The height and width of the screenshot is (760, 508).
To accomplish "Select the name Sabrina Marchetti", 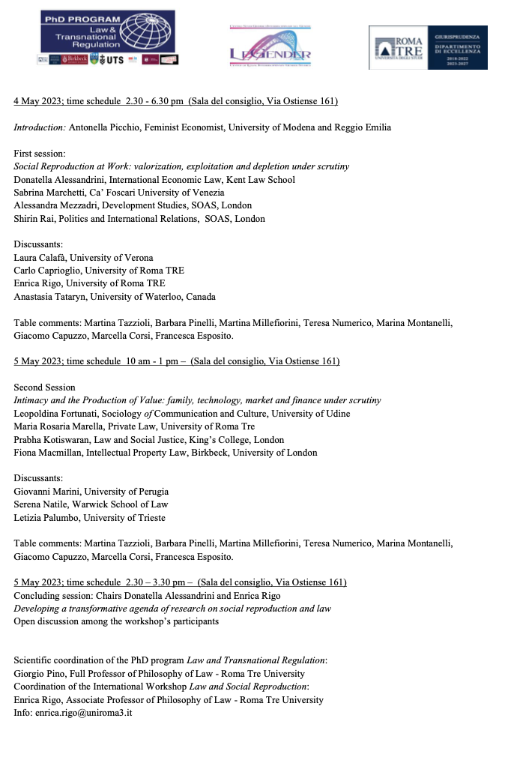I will point(51,193).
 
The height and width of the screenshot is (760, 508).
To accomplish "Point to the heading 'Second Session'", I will point(45,387).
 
